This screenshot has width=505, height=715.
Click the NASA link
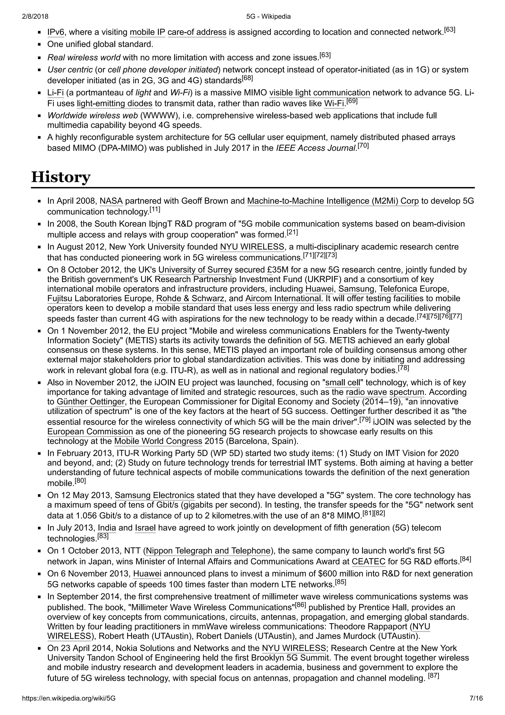pyautogui.click(x=111, y=201)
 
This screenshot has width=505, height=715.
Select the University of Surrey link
pyautogui.click(x=195, y=270)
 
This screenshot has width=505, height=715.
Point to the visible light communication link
pyautogui.click(x=320, y=93)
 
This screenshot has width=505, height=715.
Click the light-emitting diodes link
pyautogui.click(x=114, y=103)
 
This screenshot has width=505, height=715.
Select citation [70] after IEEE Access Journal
pyautogui.click(x=363, y=145)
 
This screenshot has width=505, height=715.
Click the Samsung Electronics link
pyautogui.click(x=155, y=495)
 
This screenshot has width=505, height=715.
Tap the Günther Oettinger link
pyautogui.click(x=90, y=402)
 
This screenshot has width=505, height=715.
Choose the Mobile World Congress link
pyautogui.click(x=158, y=441)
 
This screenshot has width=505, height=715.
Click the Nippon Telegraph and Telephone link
pyautogui.click(x=208, y=551)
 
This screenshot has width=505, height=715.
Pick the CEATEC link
pyautogui.click(x=368, y=562)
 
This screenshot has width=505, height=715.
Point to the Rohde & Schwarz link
pyautogui.click(x=190, y=299)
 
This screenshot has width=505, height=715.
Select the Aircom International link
pyautogui.click(x=283, y=299)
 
